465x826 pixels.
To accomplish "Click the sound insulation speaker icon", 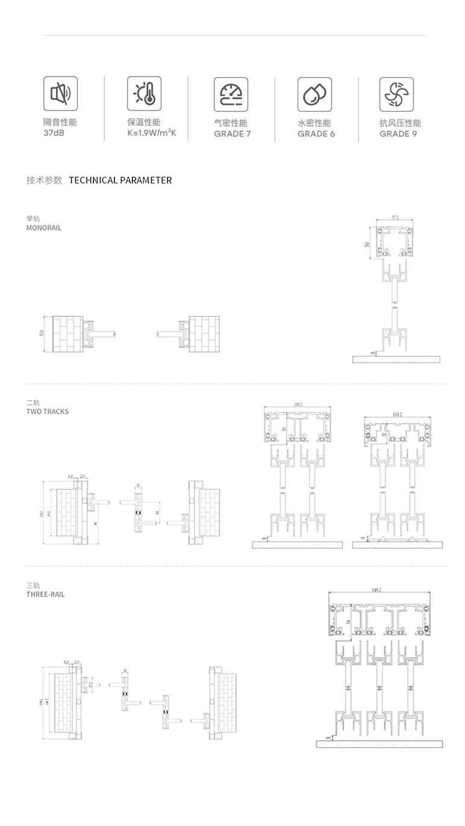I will [60, 93].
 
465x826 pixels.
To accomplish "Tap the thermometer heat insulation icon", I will [144, 93].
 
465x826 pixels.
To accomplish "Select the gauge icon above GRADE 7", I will [231, 94].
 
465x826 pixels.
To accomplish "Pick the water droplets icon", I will [314, 94].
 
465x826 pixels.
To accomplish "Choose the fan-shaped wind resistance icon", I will [396, 94].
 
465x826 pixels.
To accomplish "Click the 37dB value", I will [54, 133].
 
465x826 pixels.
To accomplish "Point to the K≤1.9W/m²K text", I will [152, 133].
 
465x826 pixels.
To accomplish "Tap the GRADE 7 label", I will [232, 134].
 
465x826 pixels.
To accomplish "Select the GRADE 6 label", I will [316, 134].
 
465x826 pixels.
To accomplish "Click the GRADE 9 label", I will [398, 134].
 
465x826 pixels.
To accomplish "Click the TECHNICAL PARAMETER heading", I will [120, 180].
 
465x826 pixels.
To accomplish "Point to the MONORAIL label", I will [43, 228].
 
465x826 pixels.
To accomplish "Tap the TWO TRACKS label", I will [47, 411].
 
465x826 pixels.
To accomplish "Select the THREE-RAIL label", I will [45, 594].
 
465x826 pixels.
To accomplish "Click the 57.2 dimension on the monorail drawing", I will [395, 217].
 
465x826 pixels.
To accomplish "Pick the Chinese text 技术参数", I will [44, 180].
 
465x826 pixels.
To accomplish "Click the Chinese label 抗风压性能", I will [400, 123].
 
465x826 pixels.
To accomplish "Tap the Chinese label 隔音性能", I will [60, 122].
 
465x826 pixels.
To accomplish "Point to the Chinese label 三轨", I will [33, 585].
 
